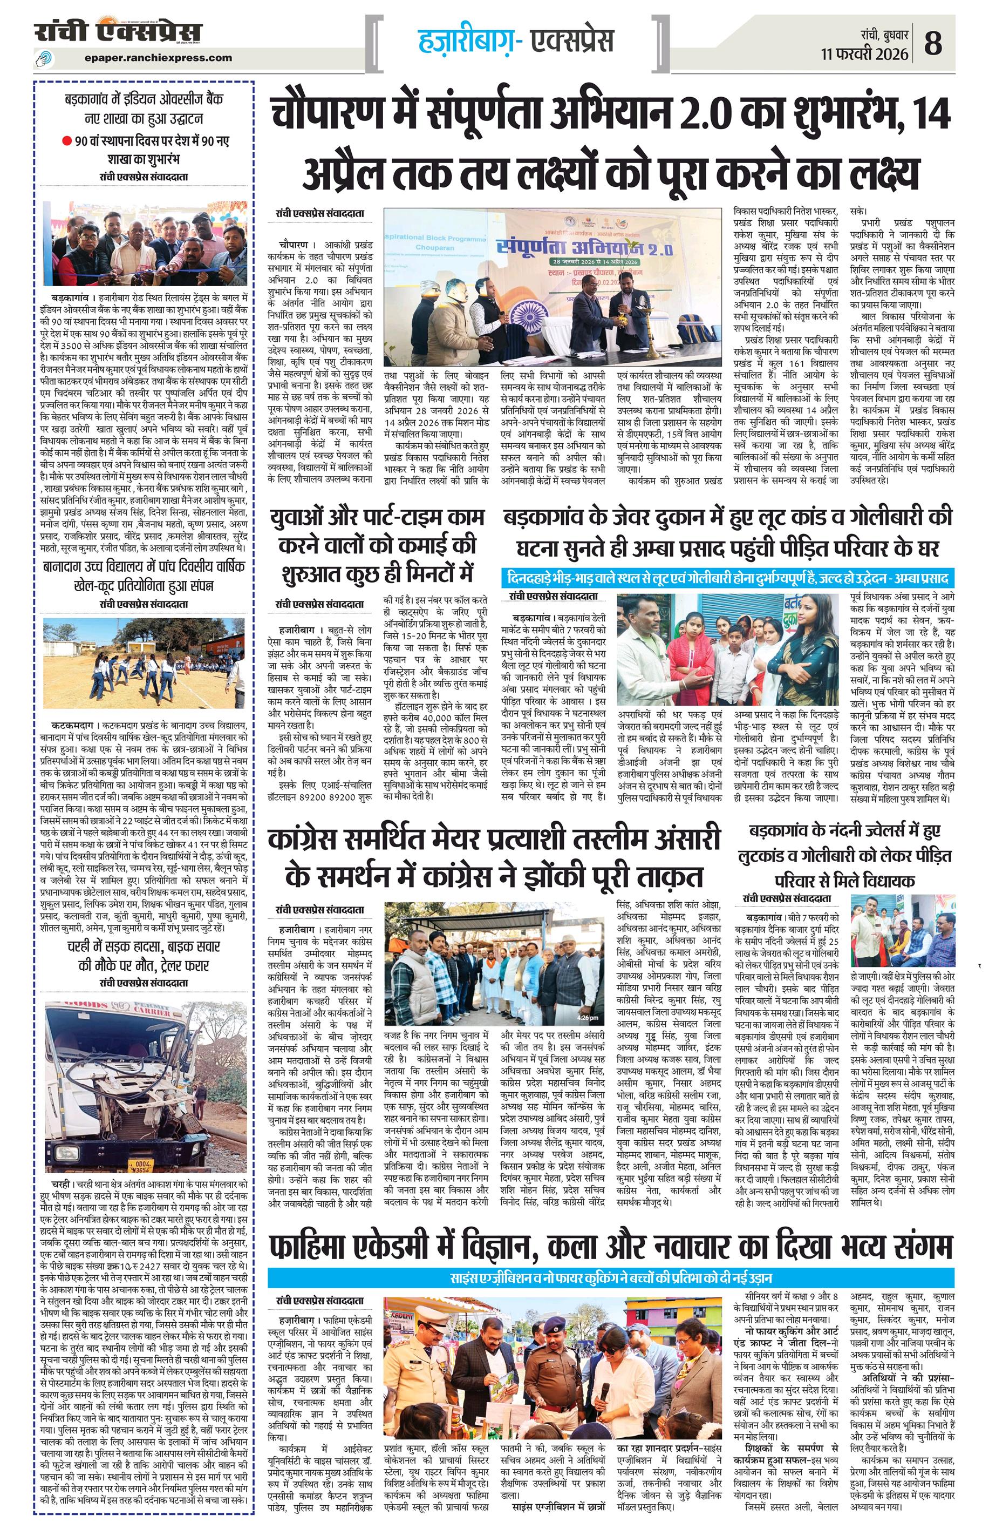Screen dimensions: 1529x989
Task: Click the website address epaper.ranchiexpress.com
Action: [158, 58]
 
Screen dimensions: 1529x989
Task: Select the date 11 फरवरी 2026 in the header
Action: [864, 54]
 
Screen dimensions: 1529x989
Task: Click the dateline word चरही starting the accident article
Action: [64, 1184]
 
